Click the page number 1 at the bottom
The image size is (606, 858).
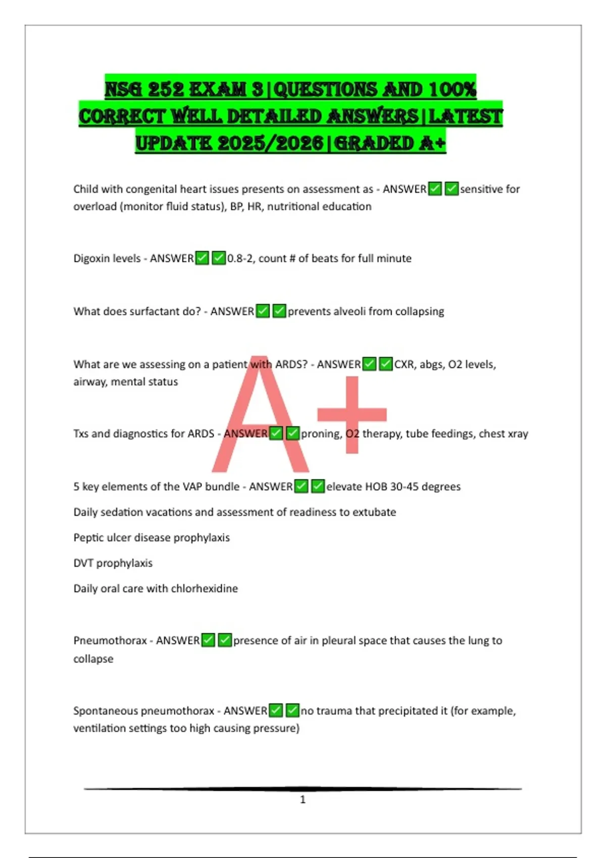pos(302,799)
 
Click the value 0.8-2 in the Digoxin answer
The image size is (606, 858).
pos(240,258)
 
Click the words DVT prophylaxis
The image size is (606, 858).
pos(113,563)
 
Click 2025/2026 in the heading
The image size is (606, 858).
pos(271,143)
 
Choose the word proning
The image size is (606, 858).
pos(321,434)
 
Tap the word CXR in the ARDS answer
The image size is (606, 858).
pos(404,364)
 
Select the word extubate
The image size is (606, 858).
pos(374,512)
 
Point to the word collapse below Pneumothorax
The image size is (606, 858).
pos(93,659)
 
